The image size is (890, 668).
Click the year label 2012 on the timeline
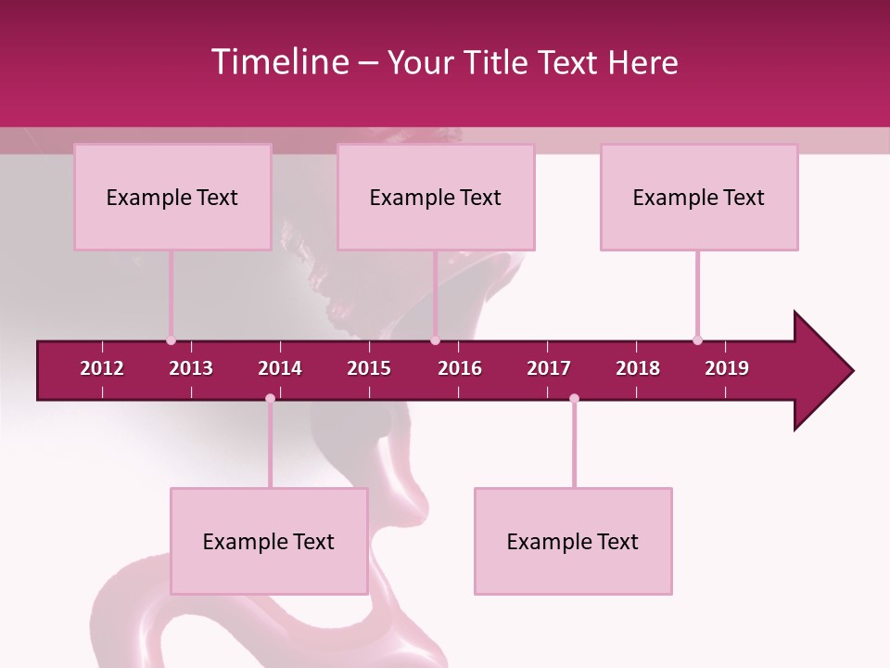coord(102,368)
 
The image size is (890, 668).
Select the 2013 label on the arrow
coord(191,368)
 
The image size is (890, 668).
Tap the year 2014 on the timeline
coord(280,368)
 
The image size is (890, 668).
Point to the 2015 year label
coord(369,368)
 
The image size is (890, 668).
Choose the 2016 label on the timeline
coord(460,368)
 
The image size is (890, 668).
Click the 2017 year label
coord(549,368)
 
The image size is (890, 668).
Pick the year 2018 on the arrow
coord(638,368)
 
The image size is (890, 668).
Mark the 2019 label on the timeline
coord(727,368)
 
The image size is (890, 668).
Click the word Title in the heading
coord(497,62)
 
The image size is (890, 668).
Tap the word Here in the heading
coord(642,62)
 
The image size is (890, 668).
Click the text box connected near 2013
coord(172,197)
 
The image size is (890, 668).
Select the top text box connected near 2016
coord(436,197)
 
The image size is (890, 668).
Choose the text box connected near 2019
coord(699,197)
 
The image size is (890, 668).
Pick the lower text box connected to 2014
coord(269,541)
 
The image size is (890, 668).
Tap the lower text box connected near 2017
coord(573,541)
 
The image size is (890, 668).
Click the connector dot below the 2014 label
coord(270,399)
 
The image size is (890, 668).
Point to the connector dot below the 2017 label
coord(574,399)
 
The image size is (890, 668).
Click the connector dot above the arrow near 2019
coord(697,340)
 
